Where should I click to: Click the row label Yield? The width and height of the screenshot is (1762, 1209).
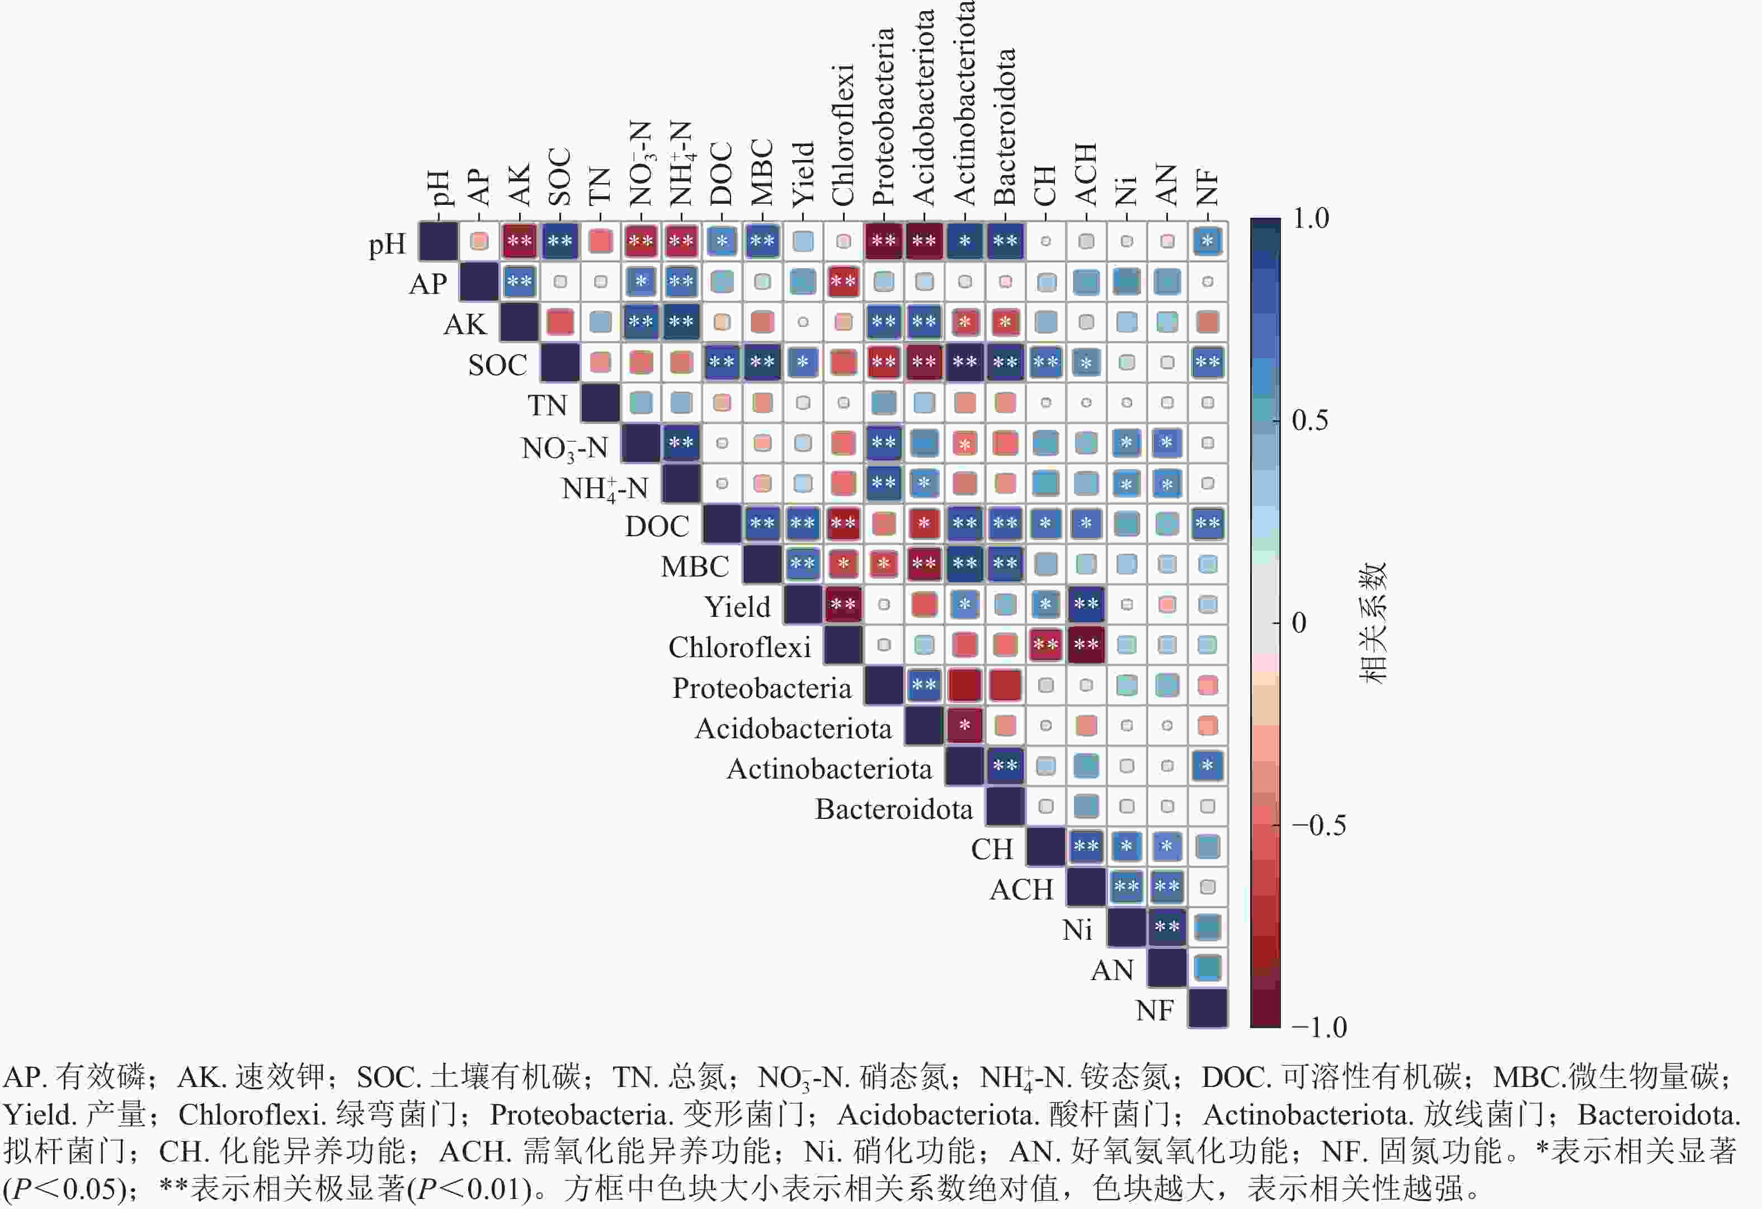tap(737, 607)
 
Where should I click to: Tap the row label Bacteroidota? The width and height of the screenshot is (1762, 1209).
tap(894, 809)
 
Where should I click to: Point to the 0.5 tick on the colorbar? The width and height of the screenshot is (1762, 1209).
tap(1309, 420)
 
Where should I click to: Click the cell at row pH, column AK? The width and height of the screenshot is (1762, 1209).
tap(519, 242)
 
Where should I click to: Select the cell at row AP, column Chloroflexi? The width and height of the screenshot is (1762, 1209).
tap(843, 282)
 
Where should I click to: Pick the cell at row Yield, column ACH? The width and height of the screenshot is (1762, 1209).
tap(1086, 604)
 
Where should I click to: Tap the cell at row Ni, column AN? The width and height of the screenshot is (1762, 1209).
tap(1167, 927)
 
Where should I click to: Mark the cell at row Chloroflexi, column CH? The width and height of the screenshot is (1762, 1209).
tap(1045, 645)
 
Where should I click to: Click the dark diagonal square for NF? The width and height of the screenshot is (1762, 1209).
tap(1207, 1008)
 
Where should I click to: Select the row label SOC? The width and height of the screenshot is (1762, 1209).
tap(497, 365)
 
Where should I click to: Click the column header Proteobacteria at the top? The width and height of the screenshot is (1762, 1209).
tap(883, 117)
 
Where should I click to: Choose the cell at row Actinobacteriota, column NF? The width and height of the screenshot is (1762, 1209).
tap(1207, 766)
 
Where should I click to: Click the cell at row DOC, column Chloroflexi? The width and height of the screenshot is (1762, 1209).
tap(843, 523)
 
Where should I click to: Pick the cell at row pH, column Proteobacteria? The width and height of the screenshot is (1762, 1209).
tap(883, 242)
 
